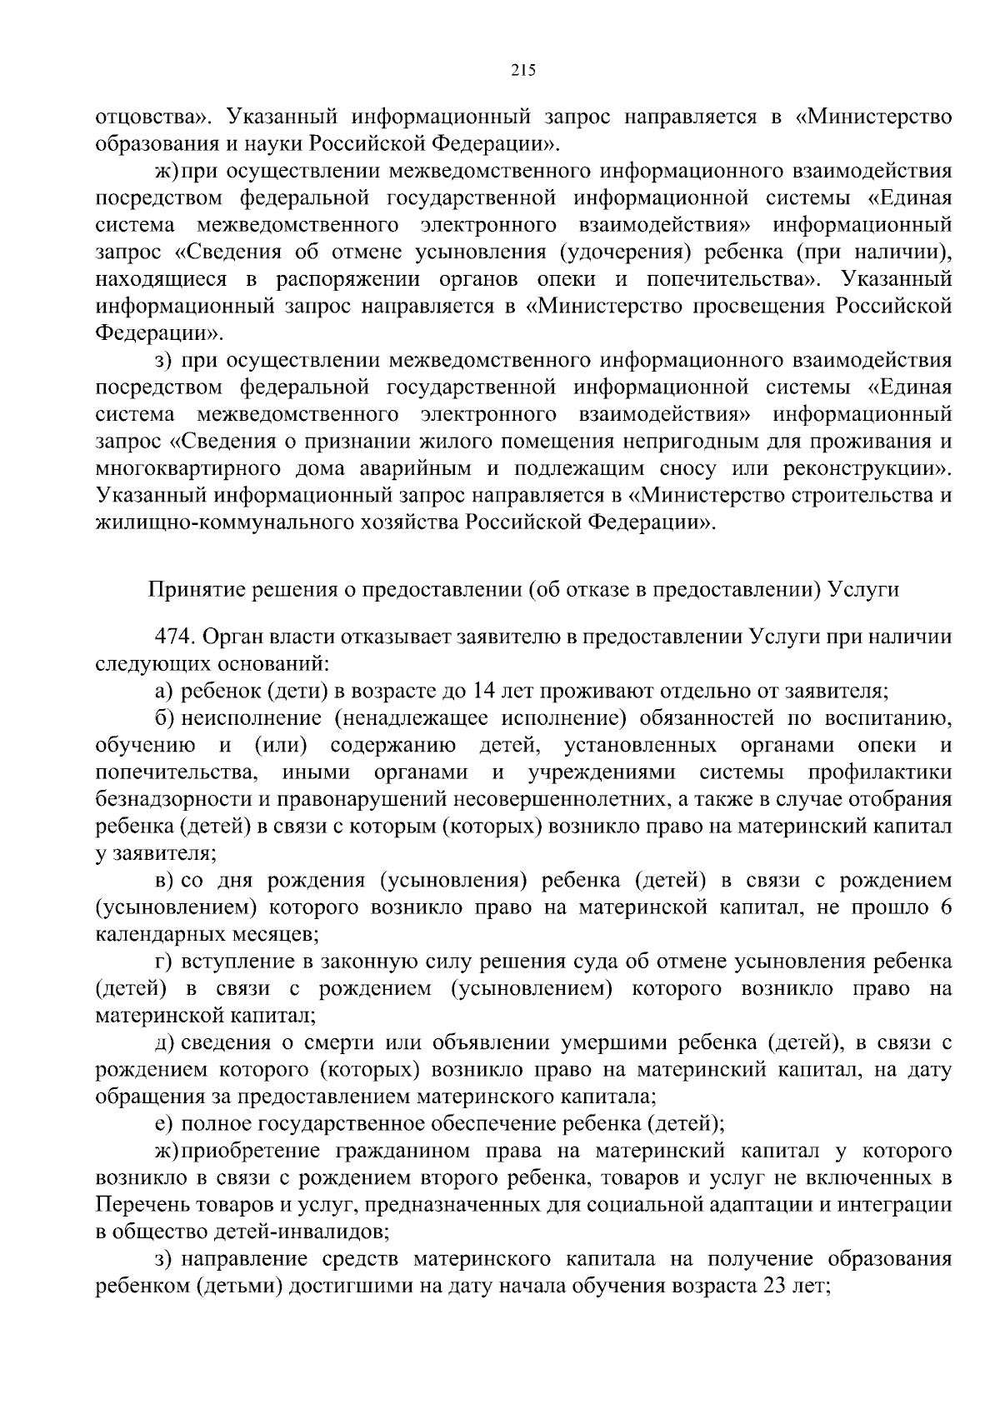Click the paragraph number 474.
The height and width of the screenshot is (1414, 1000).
[x=172, y=637]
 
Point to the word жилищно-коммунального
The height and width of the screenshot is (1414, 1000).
[x=215, y=522]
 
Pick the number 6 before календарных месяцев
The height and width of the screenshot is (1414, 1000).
[x=946, y=907]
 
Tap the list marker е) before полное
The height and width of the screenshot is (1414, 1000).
[x=163, y=1123]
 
